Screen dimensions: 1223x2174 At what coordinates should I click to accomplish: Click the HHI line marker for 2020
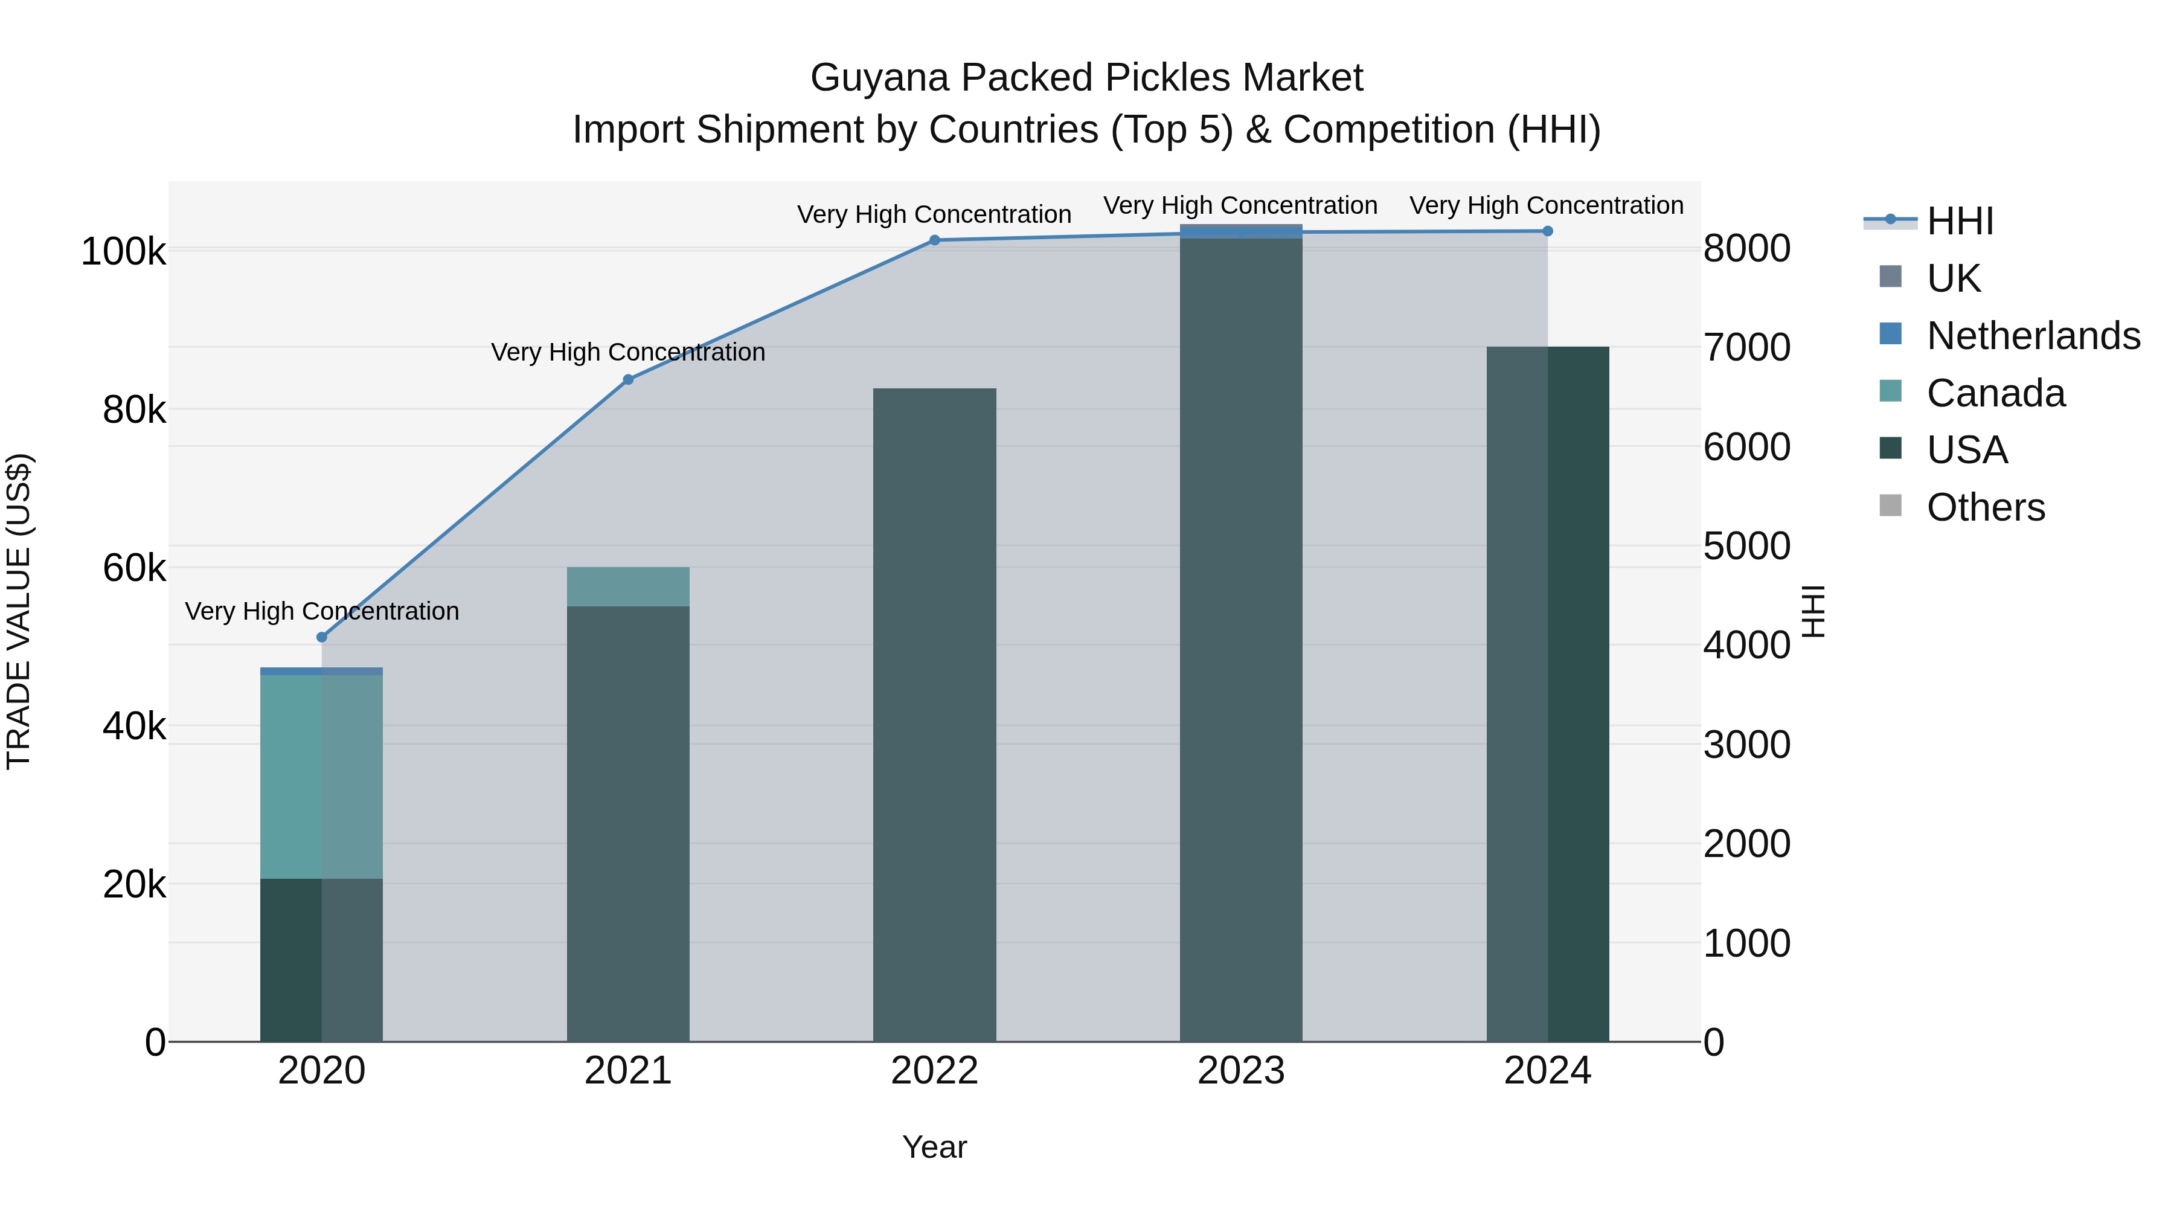click(321, 637)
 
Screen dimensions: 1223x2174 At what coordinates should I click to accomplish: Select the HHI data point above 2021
click(628, 380)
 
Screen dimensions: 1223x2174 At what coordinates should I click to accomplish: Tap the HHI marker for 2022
click(934, 240)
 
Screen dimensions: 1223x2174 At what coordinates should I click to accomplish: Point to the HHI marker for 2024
click(1547, 231)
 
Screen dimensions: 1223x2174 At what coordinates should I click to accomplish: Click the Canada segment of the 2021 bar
click(628, 586)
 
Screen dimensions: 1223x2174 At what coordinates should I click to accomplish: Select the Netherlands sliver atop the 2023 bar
click(1240, 232)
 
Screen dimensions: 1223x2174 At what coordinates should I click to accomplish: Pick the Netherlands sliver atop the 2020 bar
click(321, 671)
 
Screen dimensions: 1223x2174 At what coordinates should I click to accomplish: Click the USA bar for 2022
click(934, 717)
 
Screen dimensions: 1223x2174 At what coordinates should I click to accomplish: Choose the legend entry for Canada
click(1995, 393)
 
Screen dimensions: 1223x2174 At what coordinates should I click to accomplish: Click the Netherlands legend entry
click(2032, 336)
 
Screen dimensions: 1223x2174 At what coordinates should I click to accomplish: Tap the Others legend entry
click(1985, 507)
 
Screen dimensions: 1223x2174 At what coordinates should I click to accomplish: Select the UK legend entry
click(1953, 278)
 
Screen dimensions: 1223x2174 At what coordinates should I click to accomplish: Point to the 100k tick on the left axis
click(123, 251)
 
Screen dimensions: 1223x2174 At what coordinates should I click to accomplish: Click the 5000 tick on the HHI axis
click(1746, 546)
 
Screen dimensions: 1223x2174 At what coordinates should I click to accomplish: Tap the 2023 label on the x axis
click(1240, 1071)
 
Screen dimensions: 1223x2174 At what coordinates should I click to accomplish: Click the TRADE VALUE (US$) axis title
click(19, 611)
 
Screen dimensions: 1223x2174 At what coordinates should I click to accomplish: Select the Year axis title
click(934, 1147)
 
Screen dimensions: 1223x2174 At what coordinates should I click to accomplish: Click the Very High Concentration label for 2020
click(321, 611)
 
